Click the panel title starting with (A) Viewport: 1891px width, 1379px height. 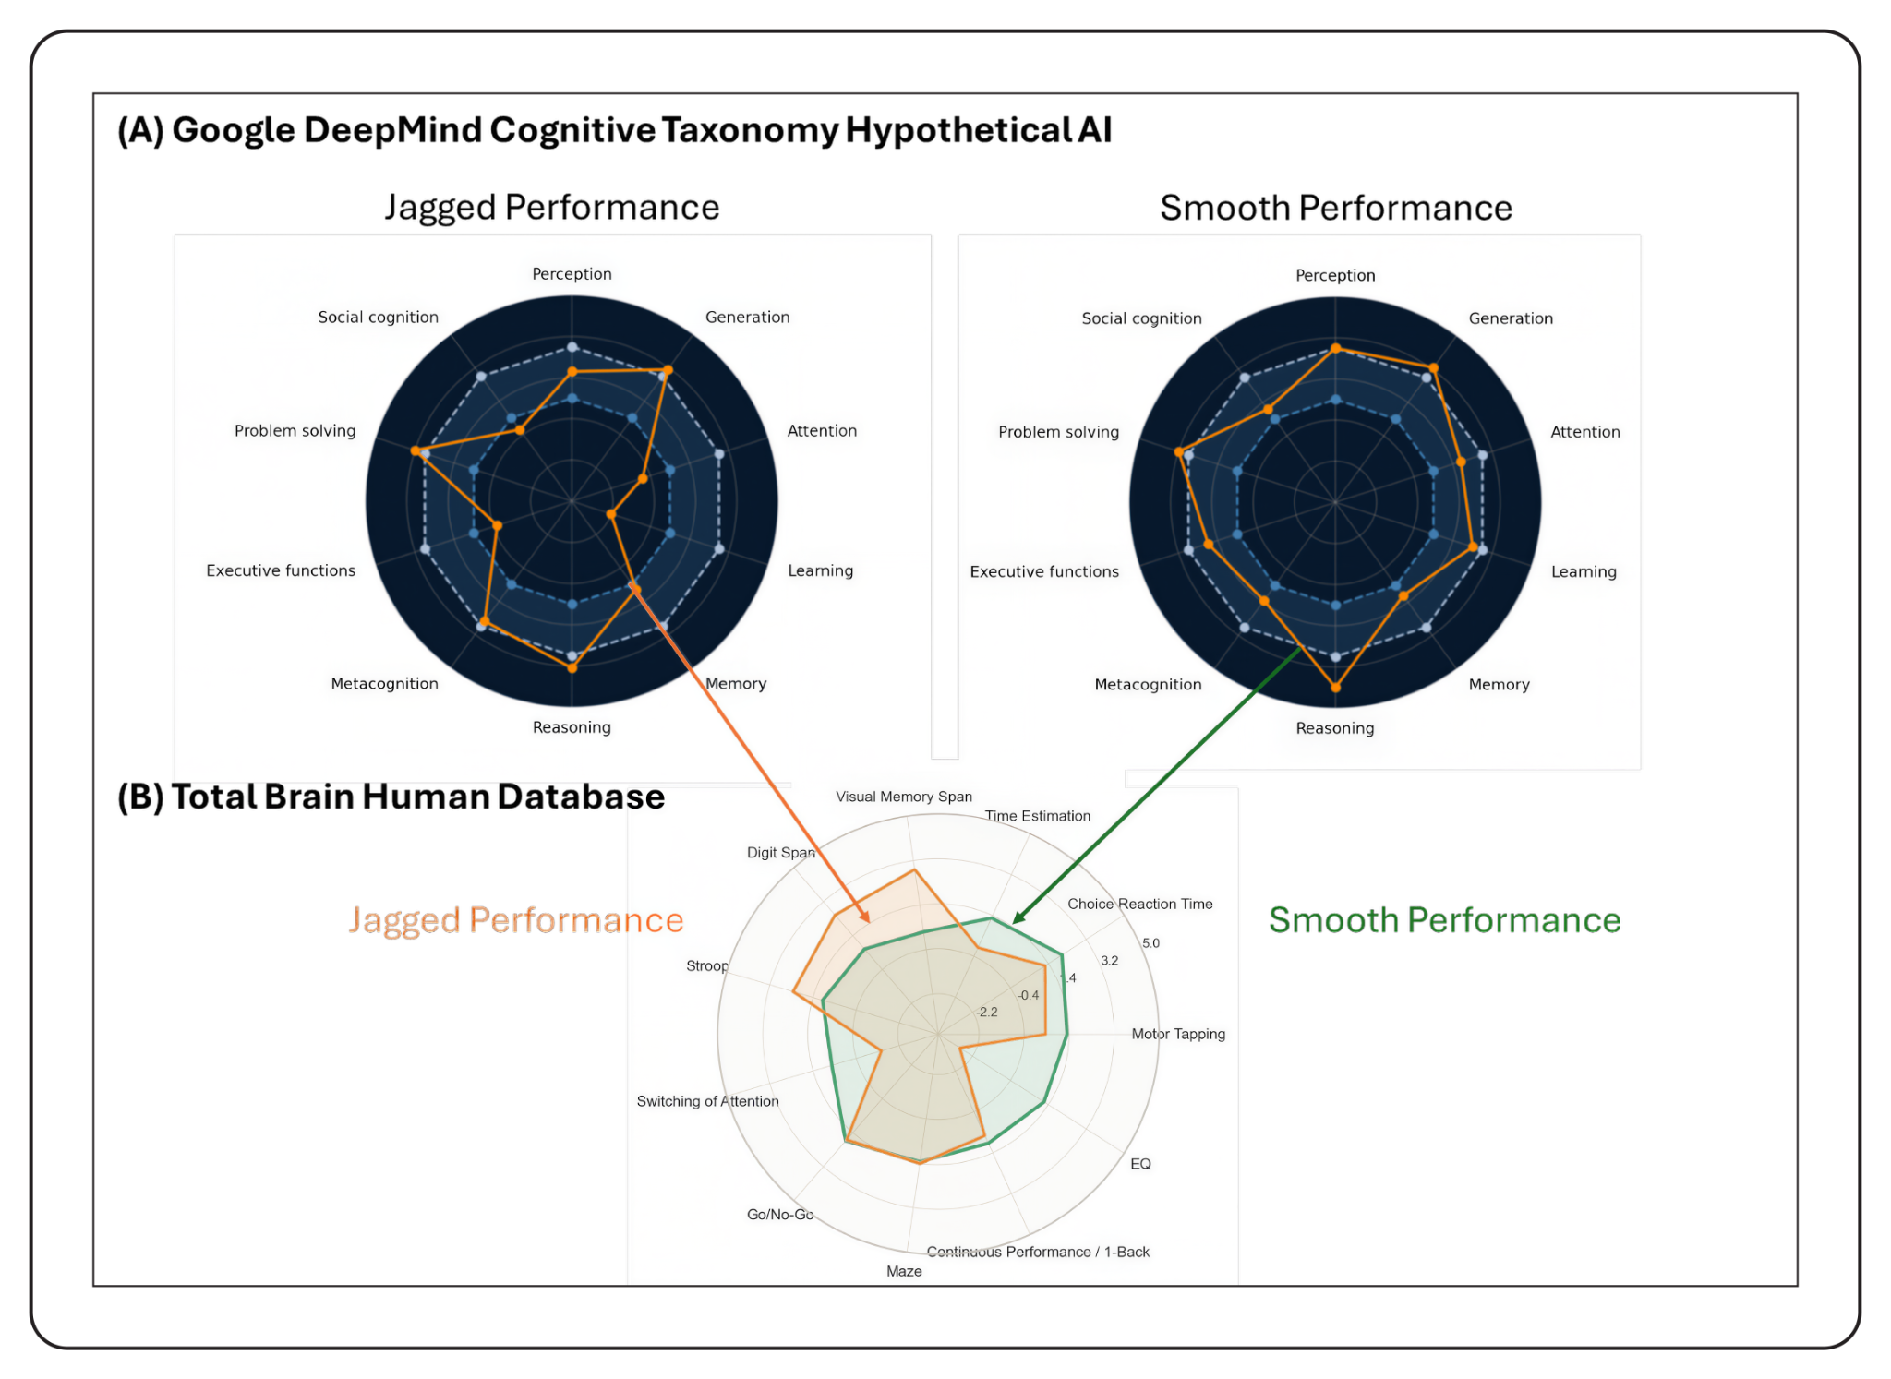coord(614,130)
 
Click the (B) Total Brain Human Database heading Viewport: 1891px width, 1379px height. coord(391,797)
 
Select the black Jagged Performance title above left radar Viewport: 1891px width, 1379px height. coord(551,208)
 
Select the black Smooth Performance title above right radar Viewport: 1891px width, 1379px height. coord(1335,209)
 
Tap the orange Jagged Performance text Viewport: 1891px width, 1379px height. coord(515,920)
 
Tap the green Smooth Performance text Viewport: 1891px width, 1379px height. coord(1444,920)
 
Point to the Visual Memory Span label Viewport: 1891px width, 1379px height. coord(903,797)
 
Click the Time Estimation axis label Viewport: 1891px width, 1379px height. coord(1037,816)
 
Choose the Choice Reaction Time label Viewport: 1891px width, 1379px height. coord(1139,904)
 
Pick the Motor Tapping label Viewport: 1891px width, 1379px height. coord(1178,1034)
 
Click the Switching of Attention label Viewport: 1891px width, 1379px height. coord(707,1101)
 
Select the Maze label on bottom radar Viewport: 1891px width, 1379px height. coord(904,1271)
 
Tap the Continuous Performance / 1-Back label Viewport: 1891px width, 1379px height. coord(1038,1252)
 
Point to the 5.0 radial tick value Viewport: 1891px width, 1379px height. coord(1150,943)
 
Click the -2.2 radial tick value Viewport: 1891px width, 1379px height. coord(987,1012)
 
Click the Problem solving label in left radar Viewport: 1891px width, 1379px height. coord(295,431)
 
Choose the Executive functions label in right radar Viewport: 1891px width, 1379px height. coord(1043,571)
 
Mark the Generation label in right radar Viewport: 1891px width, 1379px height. coord(1511,318)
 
